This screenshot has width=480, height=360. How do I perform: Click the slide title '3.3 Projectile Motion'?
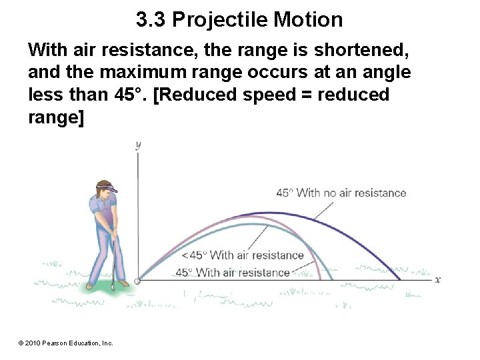click(x=239, y=20)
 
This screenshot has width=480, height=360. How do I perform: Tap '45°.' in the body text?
click(x=131, y=95)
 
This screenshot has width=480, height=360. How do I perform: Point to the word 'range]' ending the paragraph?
click(x=56, y=117)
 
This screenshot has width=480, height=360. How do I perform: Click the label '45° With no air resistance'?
click(x=341, y=193)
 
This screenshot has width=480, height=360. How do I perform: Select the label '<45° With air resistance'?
click(x=242, y=255)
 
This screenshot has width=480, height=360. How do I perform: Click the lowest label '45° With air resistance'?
click(x=232, y=272)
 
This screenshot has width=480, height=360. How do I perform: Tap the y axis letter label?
click(x=137, y=144)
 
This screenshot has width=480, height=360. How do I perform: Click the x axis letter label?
click(x=437, y=279)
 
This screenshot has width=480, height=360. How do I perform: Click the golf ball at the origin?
click(x=137, y=281)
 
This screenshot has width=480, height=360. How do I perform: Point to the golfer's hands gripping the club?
click(x=113, y=234)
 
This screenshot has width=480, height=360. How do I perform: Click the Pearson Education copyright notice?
click(x=66, y=343)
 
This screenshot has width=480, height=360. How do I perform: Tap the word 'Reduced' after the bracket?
click(x=196, y=95)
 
